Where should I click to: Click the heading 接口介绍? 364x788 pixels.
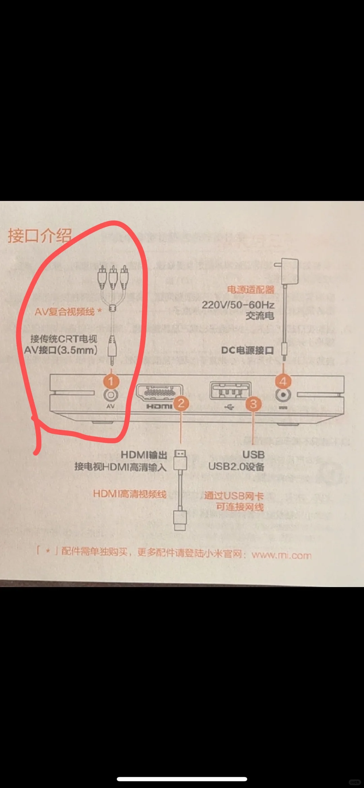(x=40, y=235)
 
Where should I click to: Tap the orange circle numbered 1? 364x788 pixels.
(x=111, y=381)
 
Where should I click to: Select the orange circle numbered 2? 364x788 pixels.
(x=181, y=403)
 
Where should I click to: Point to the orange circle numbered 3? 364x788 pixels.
(x=253, y=404)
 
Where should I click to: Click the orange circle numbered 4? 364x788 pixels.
(x=283, y=381)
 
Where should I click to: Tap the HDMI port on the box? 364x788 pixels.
(x=159, y=392)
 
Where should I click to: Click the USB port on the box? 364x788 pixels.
(x=230, y=391)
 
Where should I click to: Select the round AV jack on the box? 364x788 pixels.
(x=111, y=395)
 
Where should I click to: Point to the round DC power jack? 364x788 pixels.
(x=283, y=395)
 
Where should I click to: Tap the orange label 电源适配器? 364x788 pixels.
(x=251, y=289)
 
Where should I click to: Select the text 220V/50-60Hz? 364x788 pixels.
(x=238, y=305)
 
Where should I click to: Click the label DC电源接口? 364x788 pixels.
(x=247, y=350)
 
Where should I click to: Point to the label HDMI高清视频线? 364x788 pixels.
(x=130, y=494)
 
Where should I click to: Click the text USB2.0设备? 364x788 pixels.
(x=236, y=467)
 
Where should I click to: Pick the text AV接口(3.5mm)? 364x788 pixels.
(x=61, y=350)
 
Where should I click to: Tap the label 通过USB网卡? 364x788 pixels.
(x=234, y=495)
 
